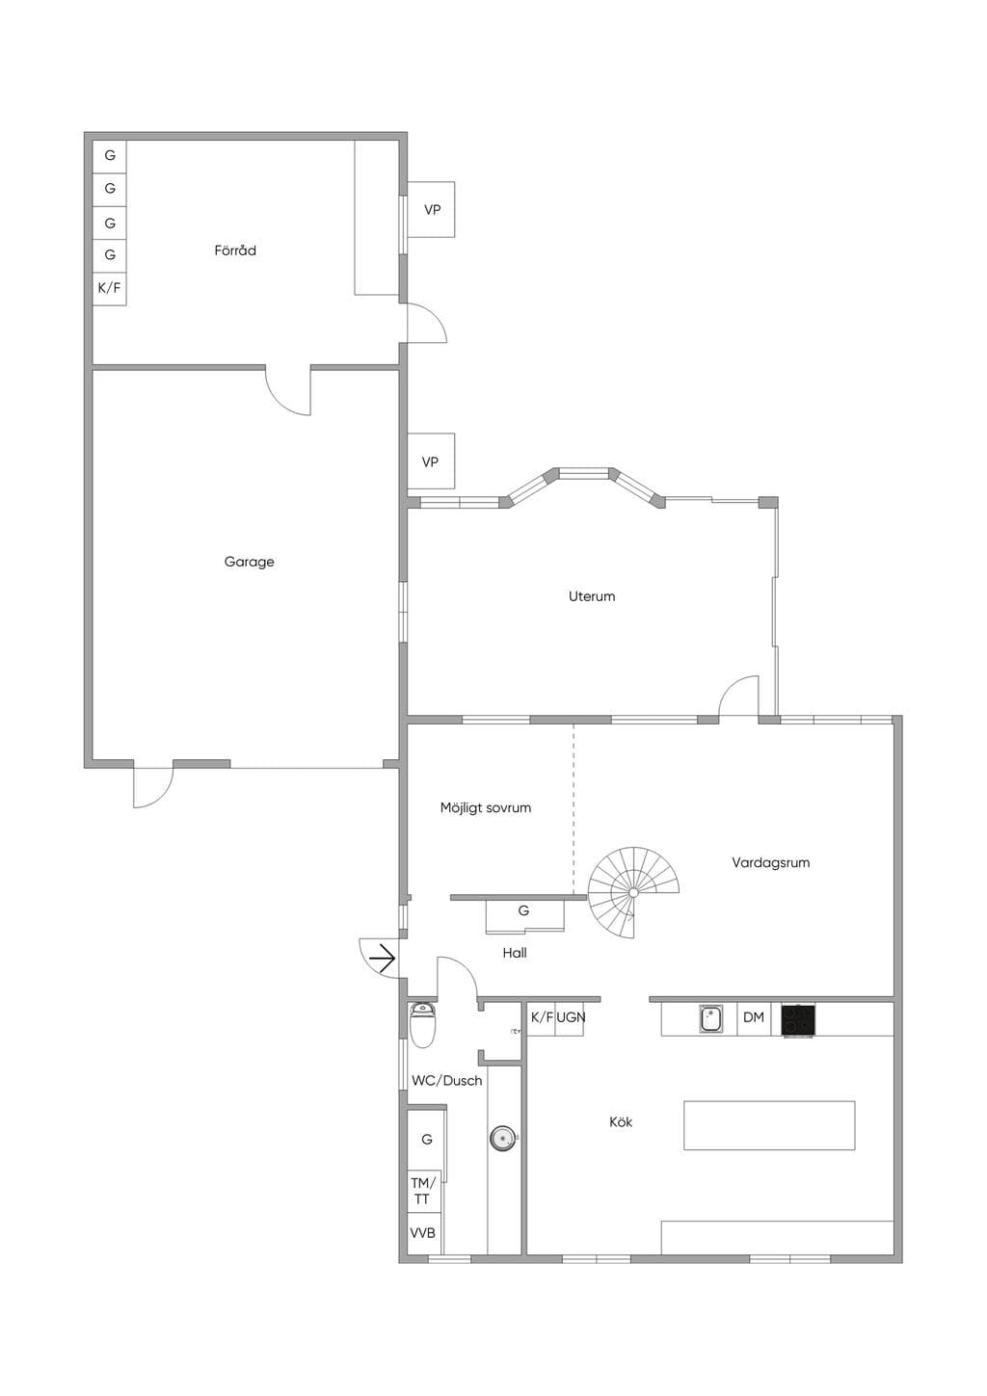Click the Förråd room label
(235, 250)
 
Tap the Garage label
(249, 562)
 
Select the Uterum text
(592, 596)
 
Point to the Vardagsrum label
(771, 863)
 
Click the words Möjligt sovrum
(486, 808)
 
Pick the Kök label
(621, 1122)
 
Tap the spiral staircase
(633, 892)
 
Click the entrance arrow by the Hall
(383, 959)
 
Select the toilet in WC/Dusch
(423, 1024)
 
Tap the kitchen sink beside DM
(710, 1019)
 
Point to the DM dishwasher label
(753, 1017)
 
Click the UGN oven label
(571, 1017)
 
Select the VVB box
(423, 1233)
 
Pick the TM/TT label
(422, 1191)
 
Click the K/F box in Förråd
(110, 289)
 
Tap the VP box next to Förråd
(431, 209)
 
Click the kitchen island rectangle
(769, 1125)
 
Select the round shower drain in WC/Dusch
(502, 1138)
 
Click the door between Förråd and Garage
(288, 391)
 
